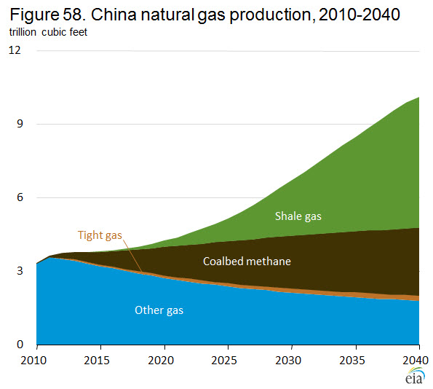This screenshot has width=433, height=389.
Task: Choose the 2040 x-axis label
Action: [x=416, y=359]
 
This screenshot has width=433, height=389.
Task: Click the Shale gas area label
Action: [x=298, y=216]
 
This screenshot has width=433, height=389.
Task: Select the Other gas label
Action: [x=159, y=310]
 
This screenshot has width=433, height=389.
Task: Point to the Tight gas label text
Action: [x=100, y=236]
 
